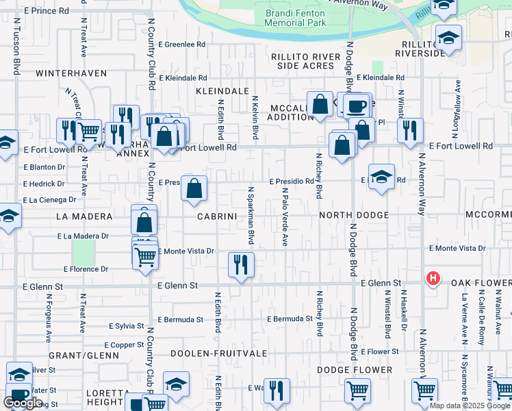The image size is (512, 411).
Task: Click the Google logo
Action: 23,403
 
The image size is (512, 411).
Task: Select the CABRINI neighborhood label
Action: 217,216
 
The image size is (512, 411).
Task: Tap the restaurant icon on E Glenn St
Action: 240,264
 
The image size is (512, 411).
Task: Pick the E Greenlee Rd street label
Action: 182,45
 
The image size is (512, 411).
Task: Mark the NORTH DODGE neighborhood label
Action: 354,215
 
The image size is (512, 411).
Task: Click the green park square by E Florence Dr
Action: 84,253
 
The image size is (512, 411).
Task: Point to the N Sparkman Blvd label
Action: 251,216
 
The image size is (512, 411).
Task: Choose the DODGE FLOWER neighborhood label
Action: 355,370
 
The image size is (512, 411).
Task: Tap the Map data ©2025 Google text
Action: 470,406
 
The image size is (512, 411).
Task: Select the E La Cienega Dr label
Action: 49,200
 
